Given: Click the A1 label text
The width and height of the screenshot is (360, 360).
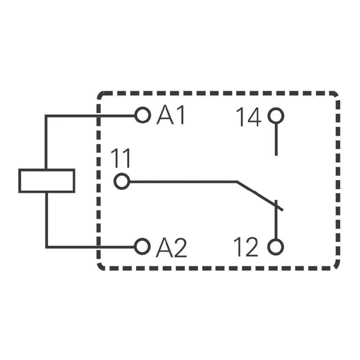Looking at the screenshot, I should [171, 116].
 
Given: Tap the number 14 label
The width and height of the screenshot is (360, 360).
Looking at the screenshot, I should [248, 118].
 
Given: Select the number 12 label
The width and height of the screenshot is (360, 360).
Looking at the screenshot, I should [246, 247].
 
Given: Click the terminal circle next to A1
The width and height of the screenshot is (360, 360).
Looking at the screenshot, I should [142, 116].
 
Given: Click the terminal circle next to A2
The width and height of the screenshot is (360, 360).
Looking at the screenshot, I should [142, 247].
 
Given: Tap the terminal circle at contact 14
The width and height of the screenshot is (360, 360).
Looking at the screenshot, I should [276, 116].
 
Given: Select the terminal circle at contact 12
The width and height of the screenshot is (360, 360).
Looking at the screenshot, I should [276, 247].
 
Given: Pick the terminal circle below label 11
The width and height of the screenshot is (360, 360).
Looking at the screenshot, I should [122, 181].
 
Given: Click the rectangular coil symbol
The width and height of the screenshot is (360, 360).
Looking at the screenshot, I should [47, 181].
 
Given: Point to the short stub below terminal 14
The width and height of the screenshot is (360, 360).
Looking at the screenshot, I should [276, 140].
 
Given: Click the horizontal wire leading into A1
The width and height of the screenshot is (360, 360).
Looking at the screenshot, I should [90, 116].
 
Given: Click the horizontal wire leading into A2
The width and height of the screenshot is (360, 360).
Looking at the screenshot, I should [90, 247].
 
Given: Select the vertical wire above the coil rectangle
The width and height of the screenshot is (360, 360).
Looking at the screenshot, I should [46, 142].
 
